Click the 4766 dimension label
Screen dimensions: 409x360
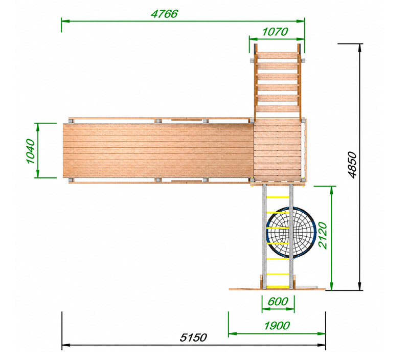[x=164, y=14]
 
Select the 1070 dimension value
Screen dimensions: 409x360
[x=275, y=32]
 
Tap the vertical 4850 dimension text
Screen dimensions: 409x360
[x=352, y=165]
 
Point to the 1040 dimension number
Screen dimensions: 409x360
[x=31, y=151]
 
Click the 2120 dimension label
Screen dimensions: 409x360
[x=323, y=236]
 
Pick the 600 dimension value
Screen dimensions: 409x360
[x=278, y=302]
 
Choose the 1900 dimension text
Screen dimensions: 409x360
[x=277, y=326]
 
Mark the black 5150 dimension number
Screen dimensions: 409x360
[x=193, y=337]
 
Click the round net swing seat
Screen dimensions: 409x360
[x=291, y=233]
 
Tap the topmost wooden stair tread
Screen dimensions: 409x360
[x=277, y=56]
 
